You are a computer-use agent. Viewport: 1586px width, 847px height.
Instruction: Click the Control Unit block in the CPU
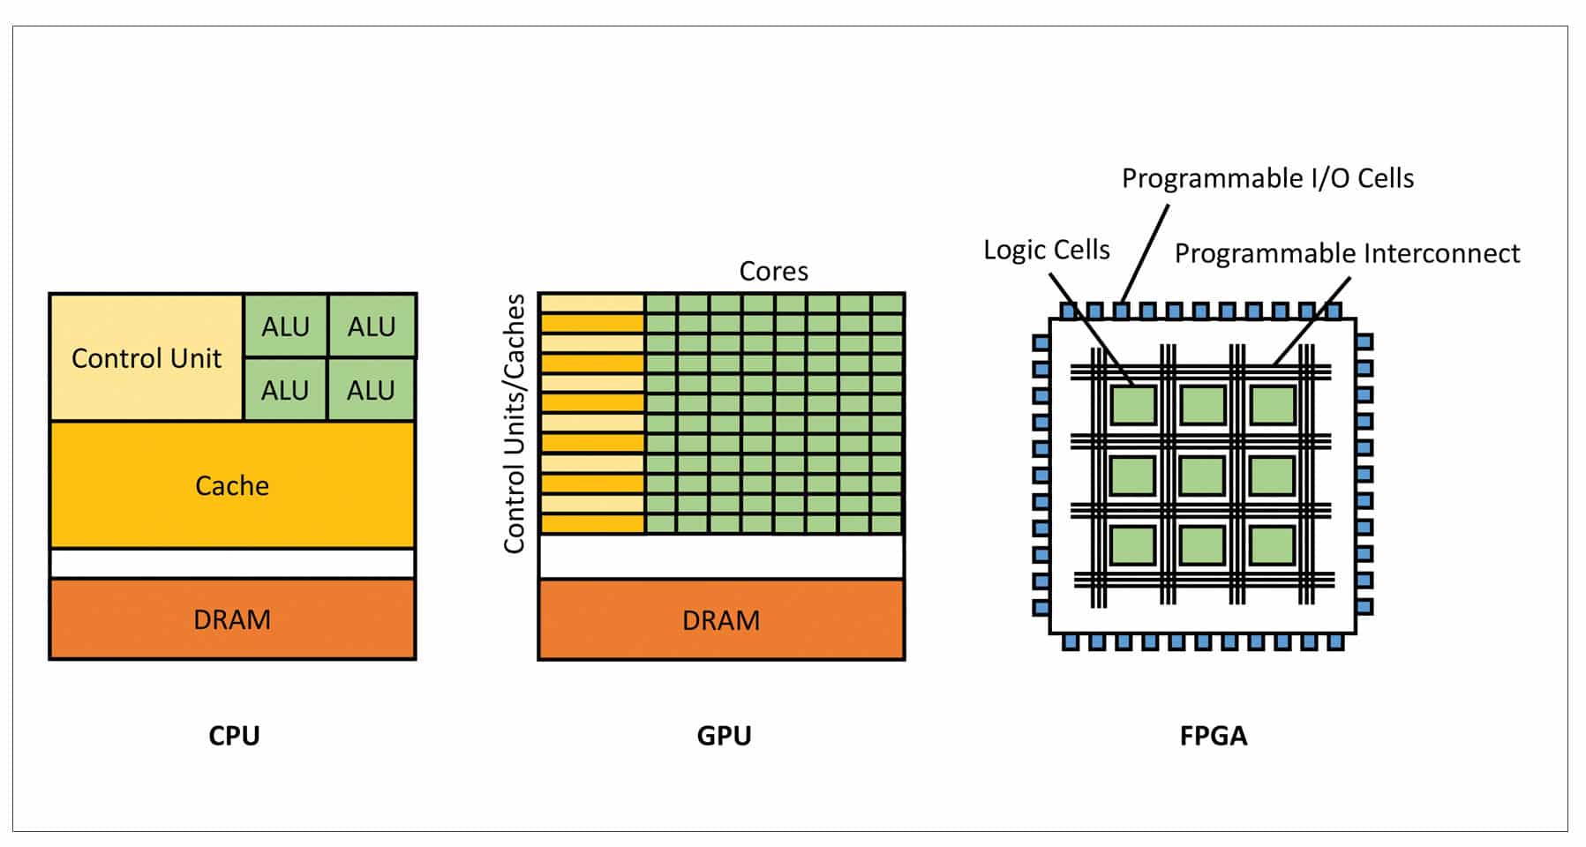pos(146,358)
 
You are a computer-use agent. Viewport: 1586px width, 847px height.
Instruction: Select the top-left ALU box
pos(285,326)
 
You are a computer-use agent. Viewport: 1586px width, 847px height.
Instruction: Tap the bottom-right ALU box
pos(371,390)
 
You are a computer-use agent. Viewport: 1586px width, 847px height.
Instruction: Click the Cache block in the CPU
pos(232,485)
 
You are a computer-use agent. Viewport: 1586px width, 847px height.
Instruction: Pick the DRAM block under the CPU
pos(232,619)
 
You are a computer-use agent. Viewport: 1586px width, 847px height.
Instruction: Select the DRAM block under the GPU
pos(721,620)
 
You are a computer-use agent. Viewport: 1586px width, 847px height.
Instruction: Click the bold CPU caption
pos(234,736)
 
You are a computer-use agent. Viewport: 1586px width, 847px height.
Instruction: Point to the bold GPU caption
pos(724,736)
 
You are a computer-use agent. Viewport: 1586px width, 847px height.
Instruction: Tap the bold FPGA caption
pos(1214,736)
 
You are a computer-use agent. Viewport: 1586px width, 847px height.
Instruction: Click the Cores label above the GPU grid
pos(773,271)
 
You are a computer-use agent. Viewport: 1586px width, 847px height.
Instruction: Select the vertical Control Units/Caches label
pos(515,423)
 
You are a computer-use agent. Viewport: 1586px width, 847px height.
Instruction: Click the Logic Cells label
pos(1047,250)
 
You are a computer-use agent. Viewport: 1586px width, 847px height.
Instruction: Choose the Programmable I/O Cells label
pos(1267,178)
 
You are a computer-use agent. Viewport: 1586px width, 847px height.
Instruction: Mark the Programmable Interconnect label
pos(1347,253)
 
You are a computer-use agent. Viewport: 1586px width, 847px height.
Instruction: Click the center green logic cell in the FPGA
pos(1202,476)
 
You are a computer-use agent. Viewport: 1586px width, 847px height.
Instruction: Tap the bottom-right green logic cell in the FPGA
pos(1272,545)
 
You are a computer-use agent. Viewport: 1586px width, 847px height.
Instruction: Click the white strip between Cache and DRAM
pos(232,563)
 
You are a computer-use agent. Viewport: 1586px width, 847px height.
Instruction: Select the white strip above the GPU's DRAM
pos(721,557)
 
